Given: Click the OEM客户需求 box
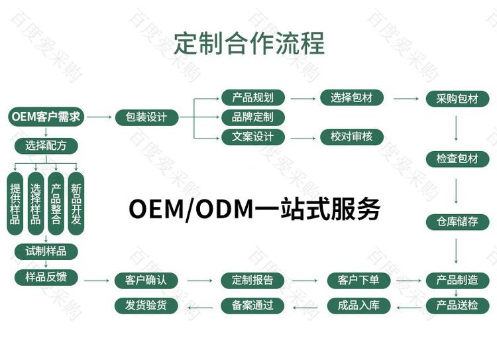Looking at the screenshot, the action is tap(46, 117).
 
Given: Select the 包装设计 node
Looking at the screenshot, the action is tap(146, 117).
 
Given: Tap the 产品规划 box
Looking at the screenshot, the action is tap(252, 97).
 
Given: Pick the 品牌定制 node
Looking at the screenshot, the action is tap(252, 117).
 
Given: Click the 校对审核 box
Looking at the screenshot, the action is tap(351, 137).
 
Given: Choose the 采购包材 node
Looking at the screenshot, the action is tap(457, 99).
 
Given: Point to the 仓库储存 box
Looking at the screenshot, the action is tap(457, 221).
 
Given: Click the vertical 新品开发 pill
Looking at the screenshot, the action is tap(76, 204).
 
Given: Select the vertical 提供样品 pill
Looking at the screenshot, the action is tap(15, 204).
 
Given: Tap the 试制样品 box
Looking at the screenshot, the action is tap(46, 251).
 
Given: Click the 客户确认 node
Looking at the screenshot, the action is tap(146, 280).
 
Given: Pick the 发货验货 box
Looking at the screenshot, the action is tap(146, 306).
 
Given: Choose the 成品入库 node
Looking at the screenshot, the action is tap(359, 306).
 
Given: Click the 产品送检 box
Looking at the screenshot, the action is tap(457, 306).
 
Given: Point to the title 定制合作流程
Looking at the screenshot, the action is tap(249, 43).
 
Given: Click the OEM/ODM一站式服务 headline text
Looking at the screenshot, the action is tap(254, 209).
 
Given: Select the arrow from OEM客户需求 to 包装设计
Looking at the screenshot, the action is tap(99, 117).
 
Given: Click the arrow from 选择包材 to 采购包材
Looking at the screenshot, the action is tap(406, 99).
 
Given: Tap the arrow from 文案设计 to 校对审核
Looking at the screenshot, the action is tap(303, 139).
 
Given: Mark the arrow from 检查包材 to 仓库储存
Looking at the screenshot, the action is tap(456, 191).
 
